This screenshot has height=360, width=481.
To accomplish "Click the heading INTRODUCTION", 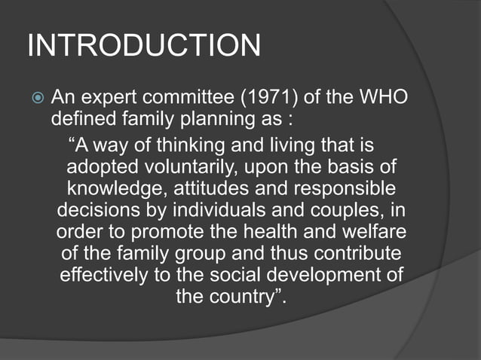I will [x=144, y=47].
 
